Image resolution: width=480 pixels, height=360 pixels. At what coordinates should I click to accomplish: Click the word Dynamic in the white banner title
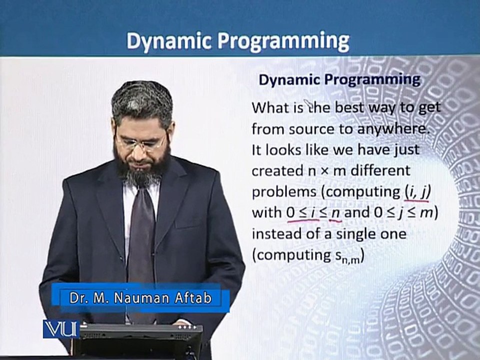point(169,41)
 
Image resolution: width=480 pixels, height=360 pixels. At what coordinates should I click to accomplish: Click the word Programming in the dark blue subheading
point(372,80)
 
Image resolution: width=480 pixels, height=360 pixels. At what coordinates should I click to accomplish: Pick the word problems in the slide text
point(284,192)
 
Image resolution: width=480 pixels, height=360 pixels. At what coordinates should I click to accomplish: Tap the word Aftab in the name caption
point(193,297)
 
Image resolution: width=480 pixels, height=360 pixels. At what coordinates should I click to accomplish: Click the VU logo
point(60,329)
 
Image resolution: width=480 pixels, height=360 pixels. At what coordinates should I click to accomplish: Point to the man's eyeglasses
point(141,141)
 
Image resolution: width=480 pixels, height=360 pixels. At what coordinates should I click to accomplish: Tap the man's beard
point(141,167)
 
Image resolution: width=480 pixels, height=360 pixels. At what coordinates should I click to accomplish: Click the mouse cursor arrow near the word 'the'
point(307,104)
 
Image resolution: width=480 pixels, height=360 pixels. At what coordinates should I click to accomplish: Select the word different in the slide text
point(380,170)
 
